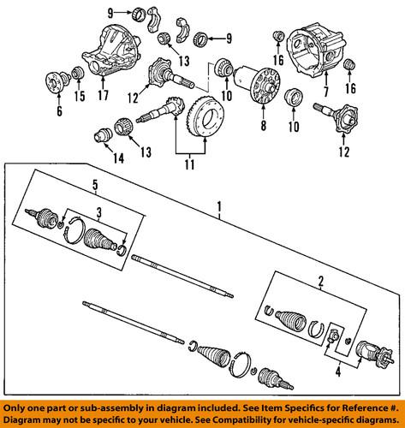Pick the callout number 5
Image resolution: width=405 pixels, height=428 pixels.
96,182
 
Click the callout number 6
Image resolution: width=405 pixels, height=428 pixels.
59,112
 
